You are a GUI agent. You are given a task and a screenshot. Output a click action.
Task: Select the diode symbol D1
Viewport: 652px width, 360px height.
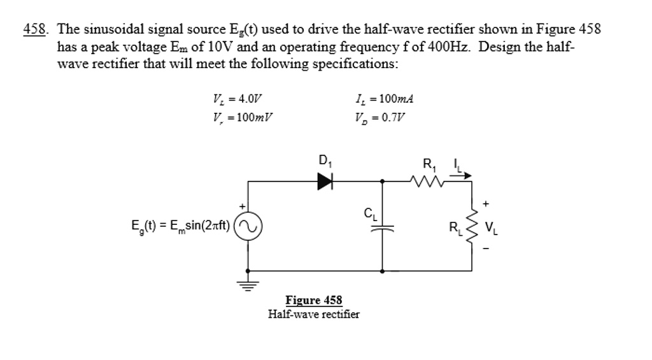(325, 182)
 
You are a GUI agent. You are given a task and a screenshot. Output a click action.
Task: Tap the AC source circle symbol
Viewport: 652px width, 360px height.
(248, 226)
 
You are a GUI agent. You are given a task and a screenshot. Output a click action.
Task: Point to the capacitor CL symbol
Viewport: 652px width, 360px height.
(382, 227)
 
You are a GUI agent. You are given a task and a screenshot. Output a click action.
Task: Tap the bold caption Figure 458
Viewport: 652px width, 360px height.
(313, 300)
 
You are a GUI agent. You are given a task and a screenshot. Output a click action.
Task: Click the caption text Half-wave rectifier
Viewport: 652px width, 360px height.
(313, 314)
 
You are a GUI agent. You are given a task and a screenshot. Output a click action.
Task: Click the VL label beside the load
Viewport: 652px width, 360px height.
(492, 227)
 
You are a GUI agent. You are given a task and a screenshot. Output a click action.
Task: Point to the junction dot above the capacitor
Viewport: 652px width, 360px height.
(382, 182)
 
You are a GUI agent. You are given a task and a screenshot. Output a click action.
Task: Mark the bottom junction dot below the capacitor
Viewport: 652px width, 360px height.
(382, 271)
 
